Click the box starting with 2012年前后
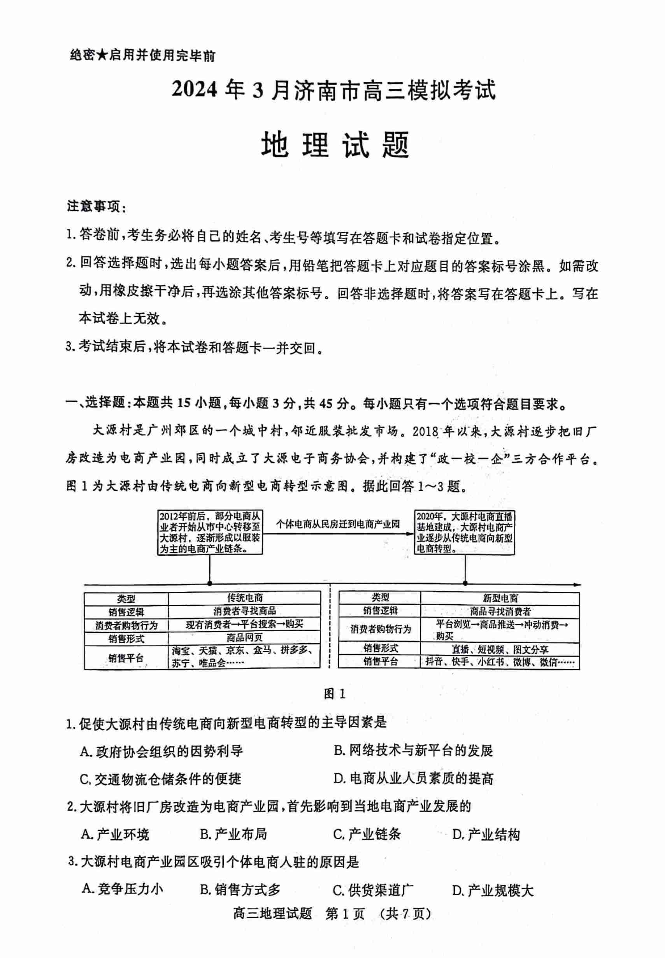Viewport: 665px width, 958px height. [210, 532]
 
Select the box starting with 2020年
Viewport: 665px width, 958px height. [465, 532]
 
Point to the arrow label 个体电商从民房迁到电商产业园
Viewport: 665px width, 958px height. [337, 524]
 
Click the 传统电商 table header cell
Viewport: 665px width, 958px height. [245, 598]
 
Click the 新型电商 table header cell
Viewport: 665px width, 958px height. [500, 598]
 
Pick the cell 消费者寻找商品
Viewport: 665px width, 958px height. [245, 611]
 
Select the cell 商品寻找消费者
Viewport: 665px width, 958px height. [500, 611]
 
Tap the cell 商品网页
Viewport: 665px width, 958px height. [245, 637]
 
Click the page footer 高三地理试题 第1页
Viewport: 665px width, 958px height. [332, 925]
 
